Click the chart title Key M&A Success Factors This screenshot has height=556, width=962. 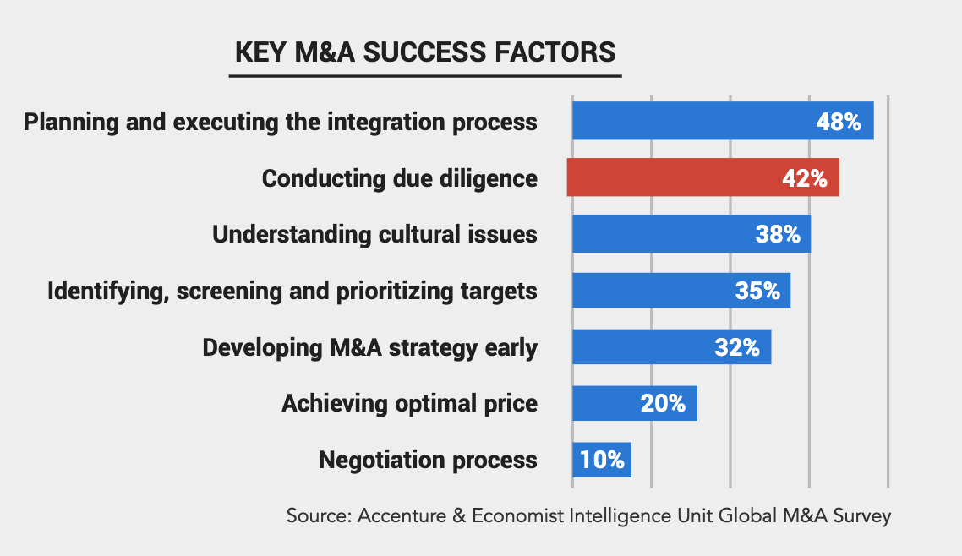[x=425, y=52]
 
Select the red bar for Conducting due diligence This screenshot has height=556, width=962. [x=676, y=177]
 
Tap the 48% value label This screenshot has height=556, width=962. [x=838, y=122]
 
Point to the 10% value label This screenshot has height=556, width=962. [x=602, y=460]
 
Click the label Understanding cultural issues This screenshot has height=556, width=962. [x=374, y=234]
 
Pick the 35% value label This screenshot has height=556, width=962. [x=757, y=291]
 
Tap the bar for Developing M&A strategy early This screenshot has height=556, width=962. [x=642, y=346]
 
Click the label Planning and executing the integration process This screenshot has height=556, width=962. [x=280, y=122]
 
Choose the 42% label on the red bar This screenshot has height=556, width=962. [x=804, y=178]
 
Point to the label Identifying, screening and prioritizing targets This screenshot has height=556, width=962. [x=292, y=291]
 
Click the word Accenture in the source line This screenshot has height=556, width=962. [x=397, y=515]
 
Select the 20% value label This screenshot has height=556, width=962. [x=663, y=403]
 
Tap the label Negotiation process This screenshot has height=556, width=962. [x=428, y=460]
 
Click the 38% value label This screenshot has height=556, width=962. [x=778, y=234]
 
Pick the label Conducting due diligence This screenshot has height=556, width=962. [x=399, y=178]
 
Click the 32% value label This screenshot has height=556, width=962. [x=737, y=346]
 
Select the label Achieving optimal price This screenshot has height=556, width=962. [x=409, y=403]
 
